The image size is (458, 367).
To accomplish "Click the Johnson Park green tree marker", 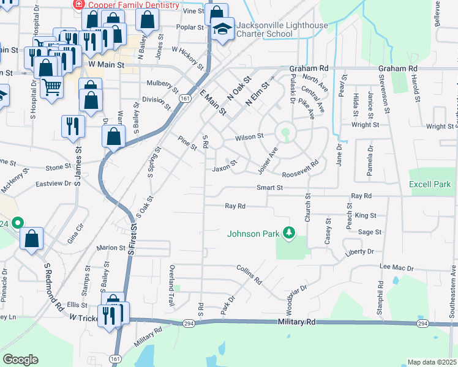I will (288, 233).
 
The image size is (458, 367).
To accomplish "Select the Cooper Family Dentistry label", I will (133, 5).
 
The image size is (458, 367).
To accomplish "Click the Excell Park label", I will (430, 184).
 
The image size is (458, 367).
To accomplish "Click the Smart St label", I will (269, 188).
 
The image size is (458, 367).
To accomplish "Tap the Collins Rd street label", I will (249, 276).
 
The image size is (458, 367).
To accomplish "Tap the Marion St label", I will (111, 248).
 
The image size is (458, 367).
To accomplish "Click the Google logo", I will (20, 360).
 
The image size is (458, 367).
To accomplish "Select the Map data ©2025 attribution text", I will (432, 362).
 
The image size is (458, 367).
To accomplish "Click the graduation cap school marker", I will (222, 29).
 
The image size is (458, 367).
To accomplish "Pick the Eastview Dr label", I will (53, 183).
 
